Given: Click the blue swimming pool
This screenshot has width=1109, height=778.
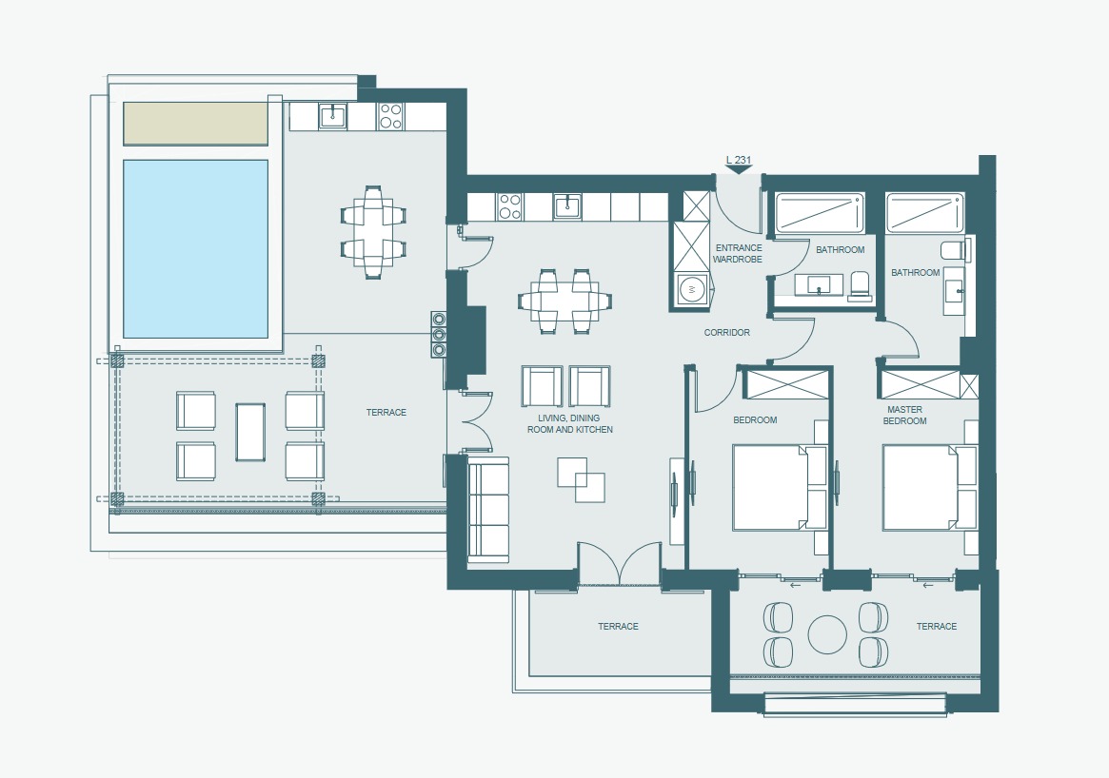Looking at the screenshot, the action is click(x=195, y=249).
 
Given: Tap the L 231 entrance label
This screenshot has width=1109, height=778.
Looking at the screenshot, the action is click(x=738, y=160).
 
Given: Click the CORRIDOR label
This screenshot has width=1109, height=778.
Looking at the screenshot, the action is click(x=726, y=332).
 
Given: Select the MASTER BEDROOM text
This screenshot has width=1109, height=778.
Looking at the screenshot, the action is click(x=904, y=415).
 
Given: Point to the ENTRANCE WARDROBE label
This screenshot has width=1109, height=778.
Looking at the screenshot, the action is click(x=738, y=254).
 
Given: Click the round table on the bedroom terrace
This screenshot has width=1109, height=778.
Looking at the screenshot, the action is click(x=827, y=634).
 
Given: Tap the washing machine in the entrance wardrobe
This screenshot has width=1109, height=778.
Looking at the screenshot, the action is click(x=691, y=289).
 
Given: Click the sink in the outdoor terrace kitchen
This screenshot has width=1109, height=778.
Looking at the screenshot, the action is click(x=332, y=116).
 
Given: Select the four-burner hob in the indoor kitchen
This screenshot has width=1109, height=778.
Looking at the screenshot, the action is click(x=509, y=207).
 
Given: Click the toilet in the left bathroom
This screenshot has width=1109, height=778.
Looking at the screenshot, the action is click(x=860, y=286).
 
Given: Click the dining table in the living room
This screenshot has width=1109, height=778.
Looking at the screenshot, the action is click(x=564, y=301).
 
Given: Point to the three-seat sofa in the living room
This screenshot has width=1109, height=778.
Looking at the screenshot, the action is click(x=488, y=510).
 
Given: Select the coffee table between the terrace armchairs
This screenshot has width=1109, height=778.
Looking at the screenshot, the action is click(x=250, y=432).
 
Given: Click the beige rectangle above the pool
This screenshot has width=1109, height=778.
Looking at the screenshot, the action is click(x=195, y=124).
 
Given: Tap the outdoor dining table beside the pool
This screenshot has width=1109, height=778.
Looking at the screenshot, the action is click(x=373, y=232).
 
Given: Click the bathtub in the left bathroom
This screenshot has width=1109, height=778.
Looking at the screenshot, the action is click(x=820, y=213).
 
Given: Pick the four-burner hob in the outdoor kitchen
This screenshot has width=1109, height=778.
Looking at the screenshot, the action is click(x=390, y=116).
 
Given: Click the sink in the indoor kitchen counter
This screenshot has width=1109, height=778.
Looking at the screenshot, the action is click(x=567, y=207).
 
